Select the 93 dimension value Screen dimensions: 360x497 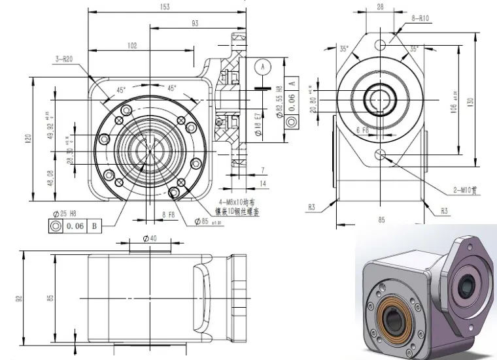(195, 24)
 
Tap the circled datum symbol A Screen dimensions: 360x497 (263, 67)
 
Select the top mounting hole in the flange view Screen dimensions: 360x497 (381, 45)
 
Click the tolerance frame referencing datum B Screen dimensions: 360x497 (73, 226)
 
